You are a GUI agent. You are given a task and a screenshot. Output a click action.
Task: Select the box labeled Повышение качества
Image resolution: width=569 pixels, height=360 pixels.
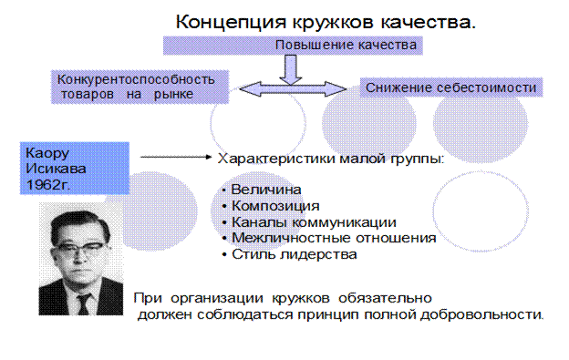(x=293, y=46)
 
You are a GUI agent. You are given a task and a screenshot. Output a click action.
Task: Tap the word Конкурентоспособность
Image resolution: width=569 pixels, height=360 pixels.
(x=136, y=79)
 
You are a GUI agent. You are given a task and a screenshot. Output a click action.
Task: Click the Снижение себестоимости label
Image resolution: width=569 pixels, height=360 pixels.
(x=450, y=87)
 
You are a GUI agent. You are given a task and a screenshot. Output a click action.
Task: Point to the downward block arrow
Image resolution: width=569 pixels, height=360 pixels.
(x=291, y=69)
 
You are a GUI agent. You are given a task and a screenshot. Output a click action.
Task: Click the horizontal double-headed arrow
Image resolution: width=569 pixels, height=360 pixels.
(x=293, y=89)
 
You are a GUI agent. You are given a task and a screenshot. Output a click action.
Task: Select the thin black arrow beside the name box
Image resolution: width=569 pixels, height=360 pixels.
(x=176, y=157)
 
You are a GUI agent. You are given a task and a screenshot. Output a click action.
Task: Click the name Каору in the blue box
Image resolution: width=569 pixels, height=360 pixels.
(x=47, y=153)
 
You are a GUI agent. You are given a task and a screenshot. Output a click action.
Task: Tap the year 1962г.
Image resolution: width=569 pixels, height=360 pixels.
(x=48, y=185)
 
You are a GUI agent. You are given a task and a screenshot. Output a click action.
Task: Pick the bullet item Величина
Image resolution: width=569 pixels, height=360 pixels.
(x=266, y=190)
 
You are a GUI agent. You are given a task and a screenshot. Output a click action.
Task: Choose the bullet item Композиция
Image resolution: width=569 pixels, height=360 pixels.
(x=275, y=206)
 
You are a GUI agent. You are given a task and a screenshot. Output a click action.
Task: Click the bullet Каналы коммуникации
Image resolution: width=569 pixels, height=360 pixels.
(x=314, y=221)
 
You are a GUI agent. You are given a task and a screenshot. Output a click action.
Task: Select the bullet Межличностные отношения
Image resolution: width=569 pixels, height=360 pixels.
(x=334, y=238)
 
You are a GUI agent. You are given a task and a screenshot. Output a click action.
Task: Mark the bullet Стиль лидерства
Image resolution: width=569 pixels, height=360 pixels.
(x=295, y=254)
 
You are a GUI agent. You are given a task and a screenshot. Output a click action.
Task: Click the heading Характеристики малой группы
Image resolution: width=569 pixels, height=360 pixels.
(x=331, y=159)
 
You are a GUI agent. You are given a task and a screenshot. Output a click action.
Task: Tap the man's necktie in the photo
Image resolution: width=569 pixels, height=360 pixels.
(x=83, y=303)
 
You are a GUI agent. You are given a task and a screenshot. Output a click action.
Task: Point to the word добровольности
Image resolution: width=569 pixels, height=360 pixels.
(x=481, y=314)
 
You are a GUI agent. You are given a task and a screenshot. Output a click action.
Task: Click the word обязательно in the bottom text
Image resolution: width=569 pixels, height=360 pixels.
(x=385, y=298)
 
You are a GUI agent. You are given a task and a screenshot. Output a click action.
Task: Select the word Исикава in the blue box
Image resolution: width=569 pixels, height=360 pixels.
(x=56, y=169)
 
